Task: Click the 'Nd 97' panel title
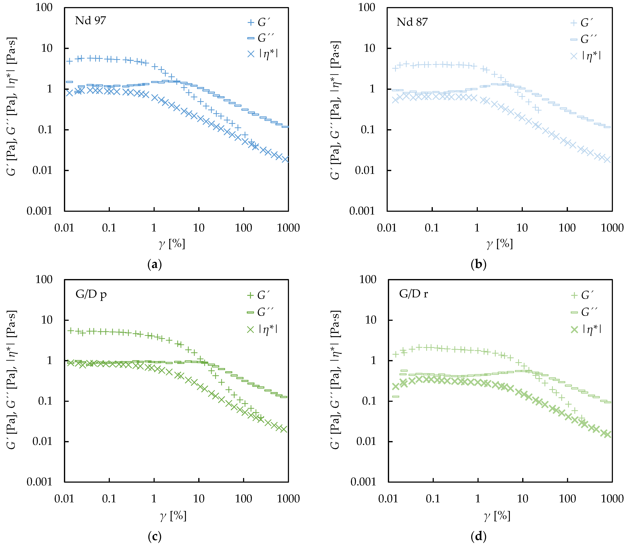(x=90, y=21)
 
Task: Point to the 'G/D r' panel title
(x=413, y=294)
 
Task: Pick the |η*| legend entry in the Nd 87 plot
(x=586, y=56)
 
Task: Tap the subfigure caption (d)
(x=478, y=536)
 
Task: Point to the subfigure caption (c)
(x=154, y=536)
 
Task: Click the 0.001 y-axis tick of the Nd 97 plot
(x=40, y=211)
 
